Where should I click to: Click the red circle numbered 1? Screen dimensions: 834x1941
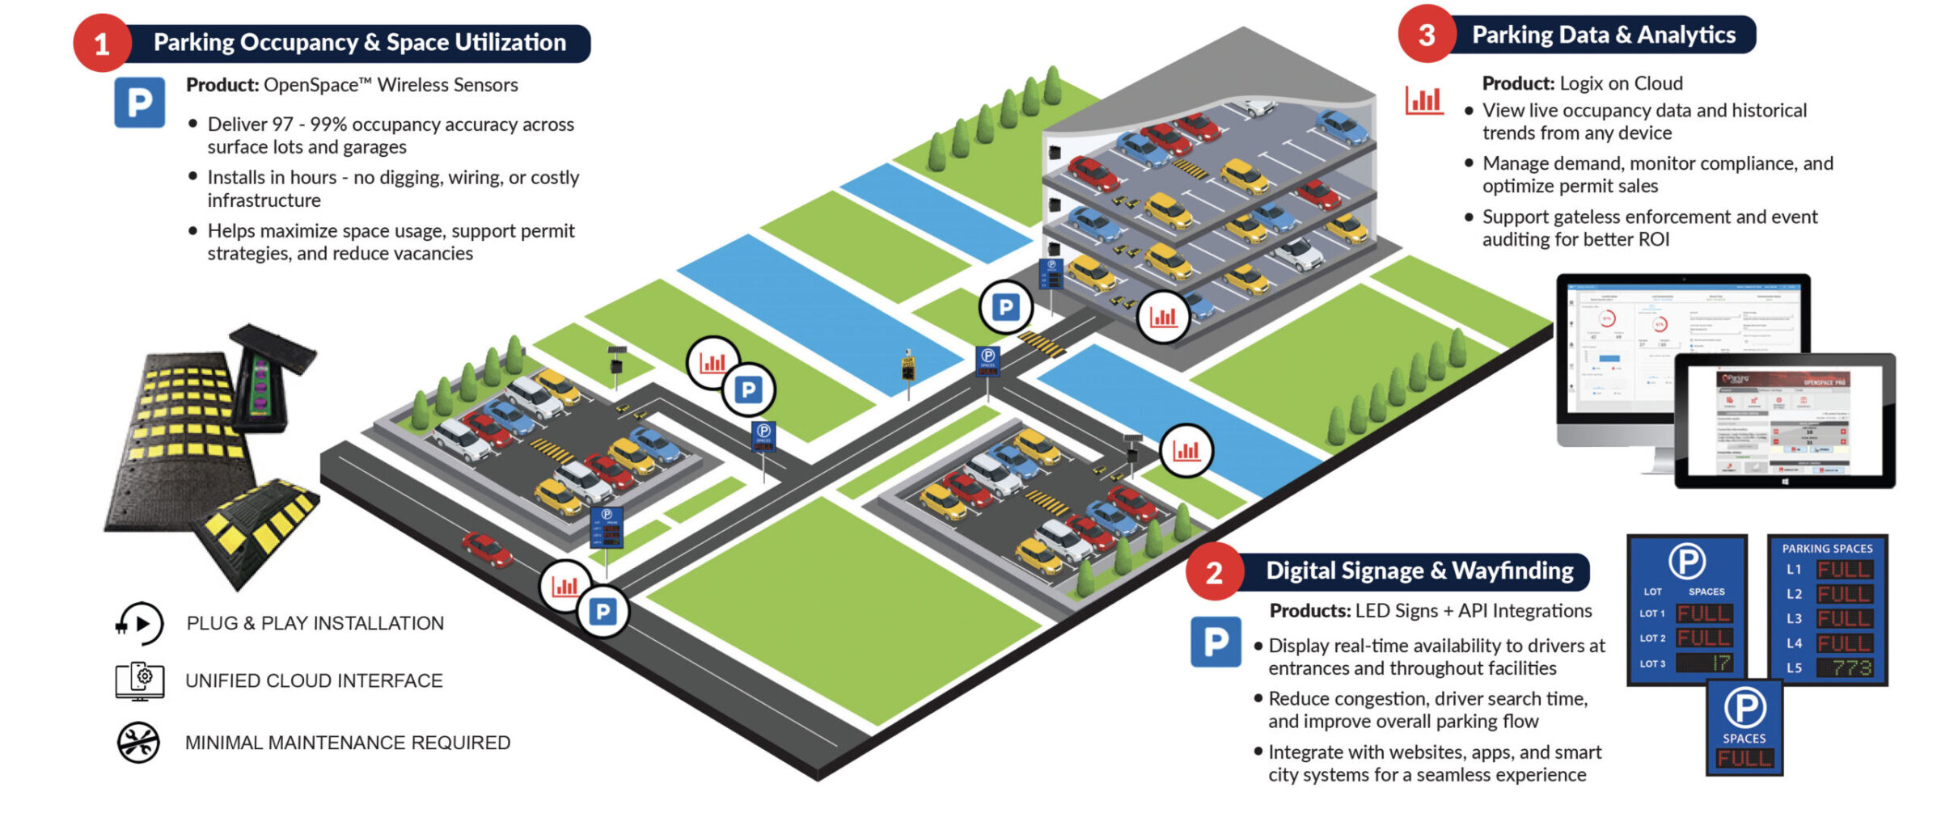[101, 44]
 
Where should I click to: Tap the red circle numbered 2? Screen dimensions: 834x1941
[1214, 572]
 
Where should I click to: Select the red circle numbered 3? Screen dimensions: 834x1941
[1427, 35]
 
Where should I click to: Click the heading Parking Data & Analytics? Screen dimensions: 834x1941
[1603, 35]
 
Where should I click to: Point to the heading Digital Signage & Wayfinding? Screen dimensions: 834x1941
[1419, 571]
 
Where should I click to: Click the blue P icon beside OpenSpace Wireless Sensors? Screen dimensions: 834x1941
[139, 103]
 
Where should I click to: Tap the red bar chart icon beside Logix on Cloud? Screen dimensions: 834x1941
[1424, 100]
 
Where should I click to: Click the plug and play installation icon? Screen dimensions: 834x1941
[139, 624]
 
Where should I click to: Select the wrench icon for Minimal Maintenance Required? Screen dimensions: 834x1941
[138, 742]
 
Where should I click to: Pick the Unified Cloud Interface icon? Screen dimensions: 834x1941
[139, 681]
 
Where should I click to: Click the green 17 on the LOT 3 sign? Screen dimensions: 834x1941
[1719, 663]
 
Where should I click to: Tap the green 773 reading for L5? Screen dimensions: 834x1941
[1851, 668]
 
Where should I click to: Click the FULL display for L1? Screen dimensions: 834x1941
[1843, 570]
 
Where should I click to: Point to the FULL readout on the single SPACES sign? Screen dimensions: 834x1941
[1744, 758]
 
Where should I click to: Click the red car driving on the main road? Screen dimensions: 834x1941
[487, 550]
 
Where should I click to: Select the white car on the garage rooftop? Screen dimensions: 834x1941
[1254, 107]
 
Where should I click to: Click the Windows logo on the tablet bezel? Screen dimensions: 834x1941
[1785, 481]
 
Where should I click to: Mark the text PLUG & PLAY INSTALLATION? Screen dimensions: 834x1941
[315, 623]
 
